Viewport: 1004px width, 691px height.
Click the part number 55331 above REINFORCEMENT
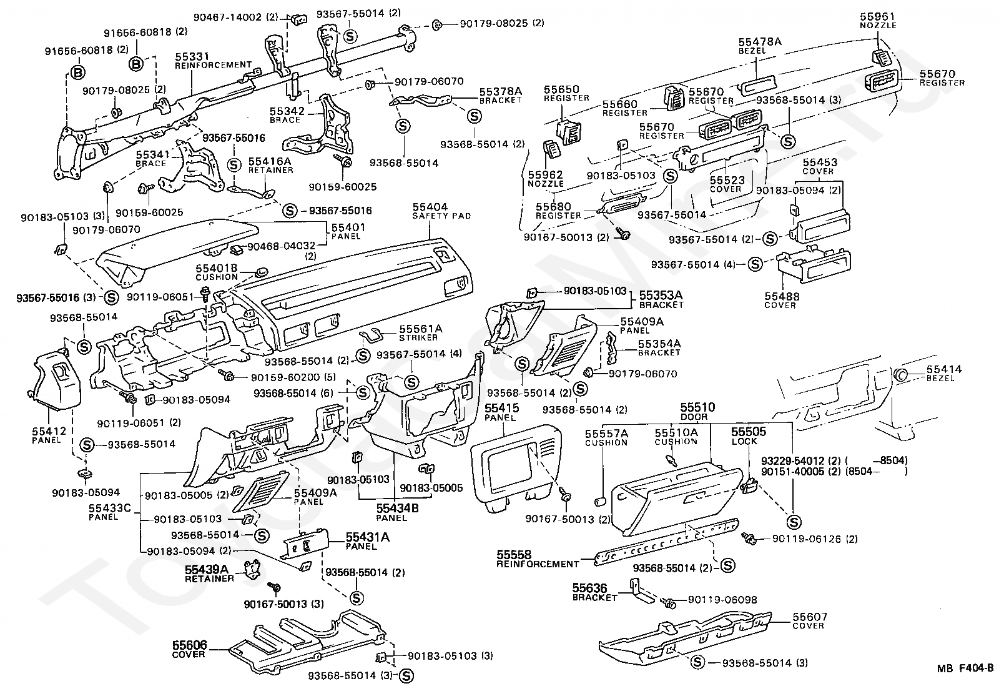pos(192,56)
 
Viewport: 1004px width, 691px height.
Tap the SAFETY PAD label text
pos(441,216)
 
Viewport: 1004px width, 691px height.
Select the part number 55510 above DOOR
pos(697,407)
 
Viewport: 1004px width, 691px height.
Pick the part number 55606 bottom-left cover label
pos(190,645)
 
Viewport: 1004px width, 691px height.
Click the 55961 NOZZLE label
pos(878,21)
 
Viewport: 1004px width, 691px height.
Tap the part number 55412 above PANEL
pos(49,431)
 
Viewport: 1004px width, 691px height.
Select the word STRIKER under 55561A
pos(418,337)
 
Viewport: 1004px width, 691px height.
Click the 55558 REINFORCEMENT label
pos(538,559)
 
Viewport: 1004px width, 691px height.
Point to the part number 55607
pos(810,617)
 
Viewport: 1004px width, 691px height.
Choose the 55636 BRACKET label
pos(594,592)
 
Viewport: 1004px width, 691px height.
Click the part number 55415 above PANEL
pos(501,407)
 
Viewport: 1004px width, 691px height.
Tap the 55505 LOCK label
pos(749,436)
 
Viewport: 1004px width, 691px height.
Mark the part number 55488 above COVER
pos(782,296)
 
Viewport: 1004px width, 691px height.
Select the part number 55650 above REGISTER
pos(561,89)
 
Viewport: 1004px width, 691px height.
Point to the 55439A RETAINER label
pos(209,574)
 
